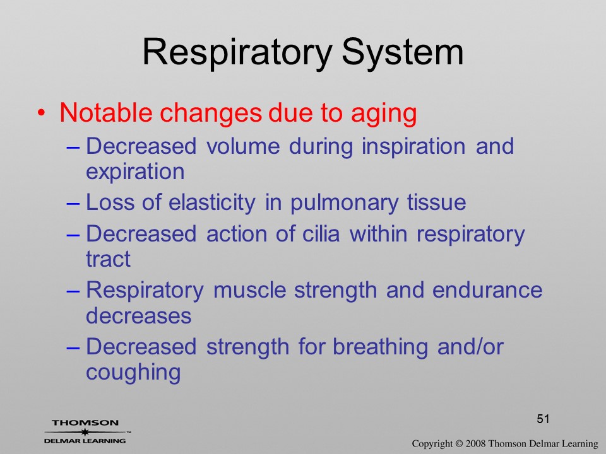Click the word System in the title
pos(402,52)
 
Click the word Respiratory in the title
pos(237,53)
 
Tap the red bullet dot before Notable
pos(41,113)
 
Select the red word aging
pos(384,114)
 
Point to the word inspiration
pos(413,148)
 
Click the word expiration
pos(135,172)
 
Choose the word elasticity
pos(212,203)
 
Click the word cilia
pos(321,234)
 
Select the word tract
pos(108,259)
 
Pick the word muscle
pos(250,290)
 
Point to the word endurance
pos(487,290)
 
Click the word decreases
pos(139,315)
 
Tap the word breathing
pos(380,347)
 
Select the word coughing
pos(133,373)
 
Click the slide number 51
pos(543,419)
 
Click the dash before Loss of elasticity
pos(73,204)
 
